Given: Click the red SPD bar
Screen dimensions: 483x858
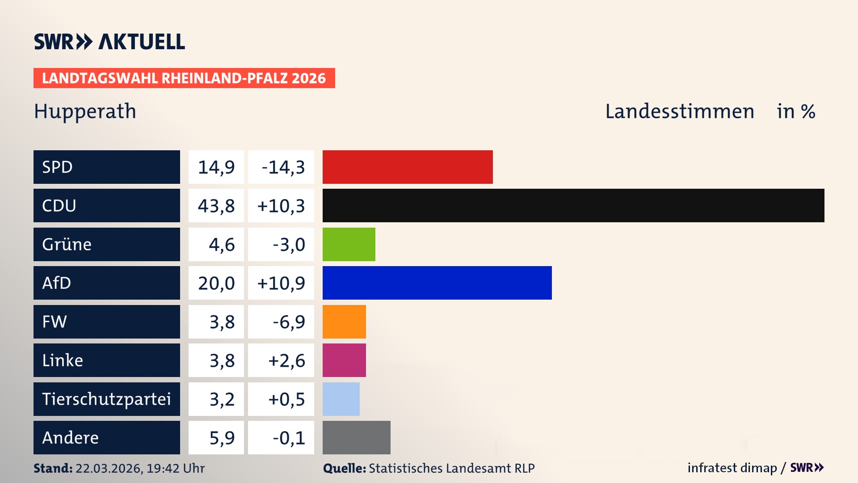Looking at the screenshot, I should click(408, 167).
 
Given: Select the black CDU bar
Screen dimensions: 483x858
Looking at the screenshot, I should click(573, 206).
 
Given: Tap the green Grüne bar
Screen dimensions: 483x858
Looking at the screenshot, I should click(349, 244).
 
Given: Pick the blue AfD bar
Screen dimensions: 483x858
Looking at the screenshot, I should click(437, 283).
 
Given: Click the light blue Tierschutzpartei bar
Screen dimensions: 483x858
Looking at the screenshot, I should click(341, 399).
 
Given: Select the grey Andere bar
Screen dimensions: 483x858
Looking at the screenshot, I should click(356, 437).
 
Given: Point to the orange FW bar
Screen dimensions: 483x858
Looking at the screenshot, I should click(344, 322).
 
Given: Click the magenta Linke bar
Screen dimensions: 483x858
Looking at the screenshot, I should click(344, 360).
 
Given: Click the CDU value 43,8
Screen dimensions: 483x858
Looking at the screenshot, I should click(216, 206).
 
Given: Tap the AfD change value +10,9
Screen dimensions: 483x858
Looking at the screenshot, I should click(281, 283).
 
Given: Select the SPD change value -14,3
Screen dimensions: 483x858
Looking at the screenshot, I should click(283, 167).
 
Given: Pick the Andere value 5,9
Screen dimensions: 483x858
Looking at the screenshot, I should click(222, 438).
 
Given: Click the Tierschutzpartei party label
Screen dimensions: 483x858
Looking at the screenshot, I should click(106, 399).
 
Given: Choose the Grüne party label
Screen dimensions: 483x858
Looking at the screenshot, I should click(67, 244).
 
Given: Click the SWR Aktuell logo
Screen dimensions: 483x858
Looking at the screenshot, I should click(109, 42).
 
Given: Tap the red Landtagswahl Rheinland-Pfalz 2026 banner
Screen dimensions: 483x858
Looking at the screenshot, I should click(184, 78).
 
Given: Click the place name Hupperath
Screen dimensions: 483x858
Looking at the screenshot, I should click(85, 111).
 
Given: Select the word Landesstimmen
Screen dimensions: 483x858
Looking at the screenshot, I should click(680, 111).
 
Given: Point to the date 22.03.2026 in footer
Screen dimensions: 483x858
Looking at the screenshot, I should click(109, 468).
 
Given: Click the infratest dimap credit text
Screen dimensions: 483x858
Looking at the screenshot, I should click(732, 468).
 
